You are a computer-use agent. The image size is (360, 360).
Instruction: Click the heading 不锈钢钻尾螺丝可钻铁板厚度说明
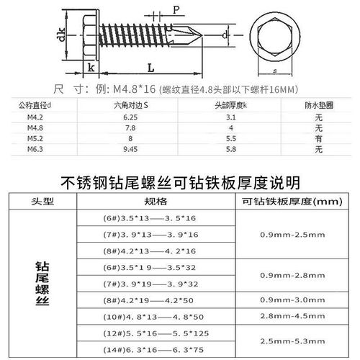(180, 181)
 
